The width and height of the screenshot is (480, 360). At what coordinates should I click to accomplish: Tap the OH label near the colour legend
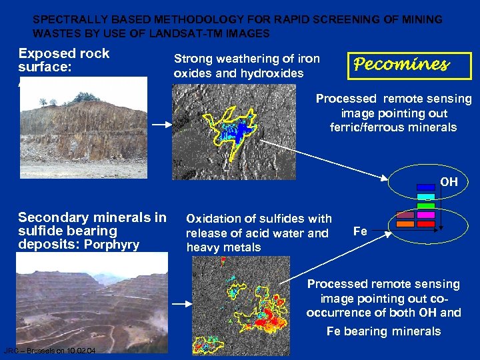click(x=449, y=181)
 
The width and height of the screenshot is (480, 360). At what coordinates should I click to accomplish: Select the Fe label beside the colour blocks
click(x=360, y=231)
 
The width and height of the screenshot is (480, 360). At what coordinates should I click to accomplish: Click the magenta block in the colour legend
click(x=426, y=215)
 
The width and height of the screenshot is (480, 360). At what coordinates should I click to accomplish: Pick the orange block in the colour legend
click(x=405, y=225)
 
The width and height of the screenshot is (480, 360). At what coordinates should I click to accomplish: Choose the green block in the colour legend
click(x=426, y=206)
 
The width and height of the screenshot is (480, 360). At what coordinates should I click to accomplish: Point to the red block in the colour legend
click(x=426, y=225)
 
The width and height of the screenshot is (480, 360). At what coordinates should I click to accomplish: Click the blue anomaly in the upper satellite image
click(x=237, y=130)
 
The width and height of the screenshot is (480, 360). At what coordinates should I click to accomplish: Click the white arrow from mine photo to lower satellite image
click(x=181, y=303)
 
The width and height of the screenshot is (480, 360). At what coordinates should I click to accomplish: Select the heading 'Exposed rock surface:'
click(x=63, y=60)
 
